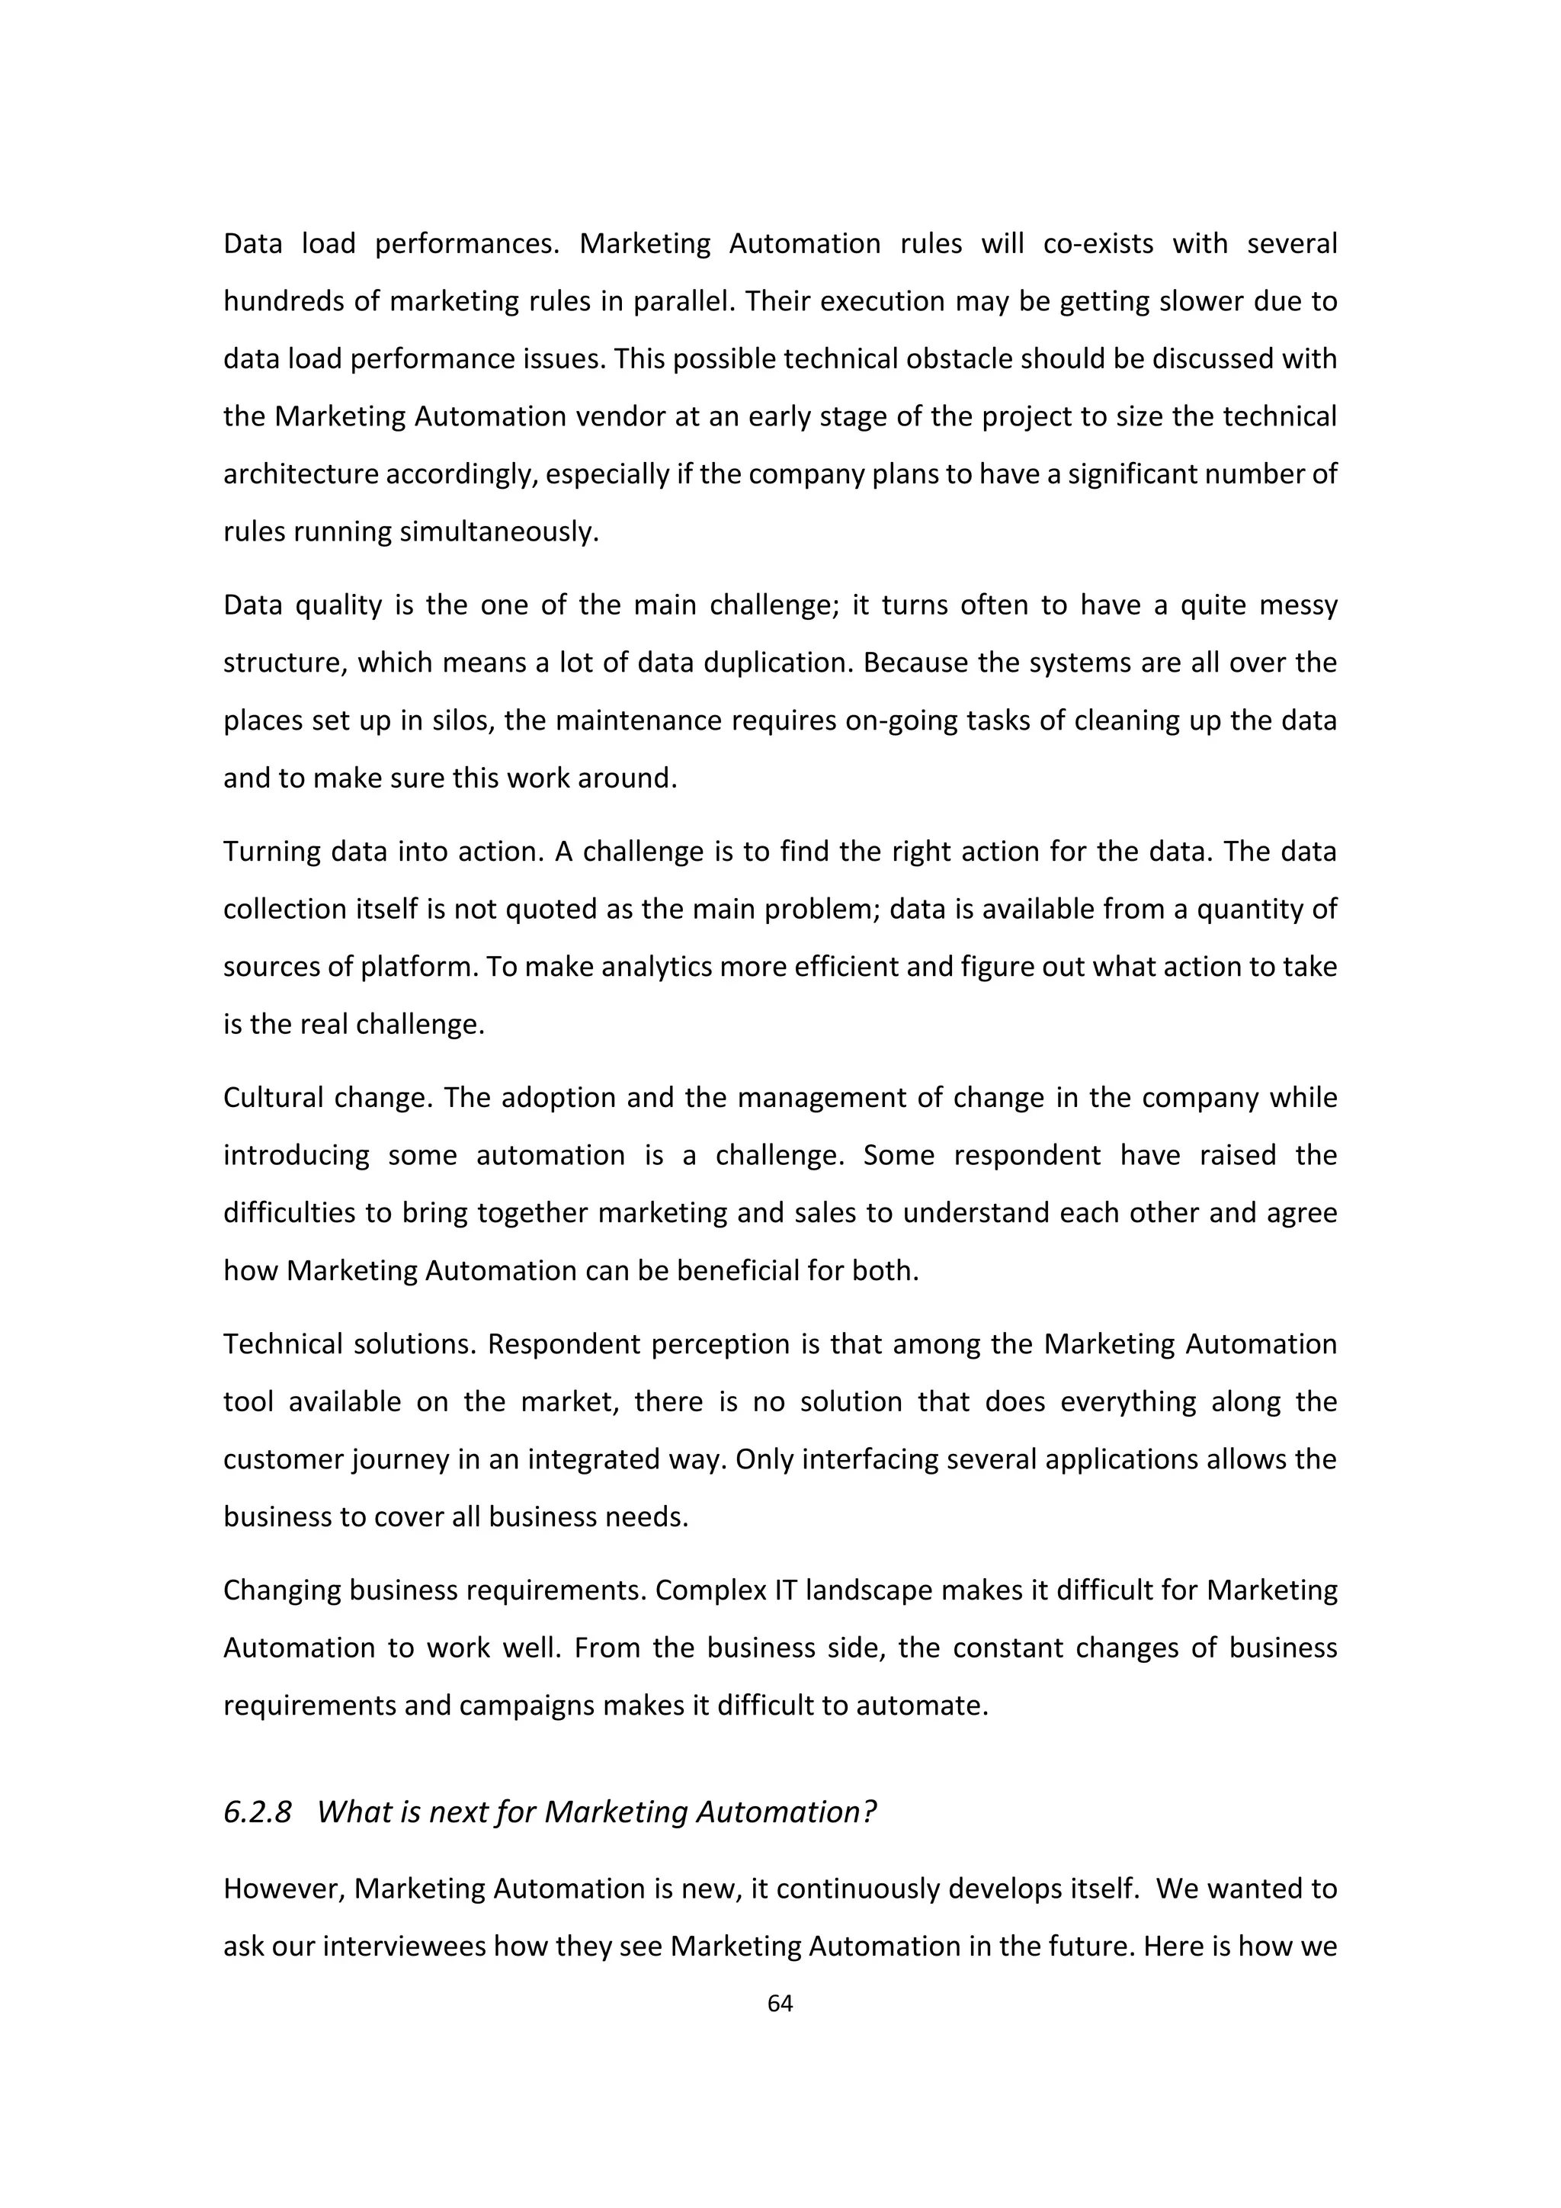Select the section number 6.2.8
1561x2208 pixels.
coord(257,1812)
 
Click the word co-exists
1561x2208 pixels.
coord(1098,243)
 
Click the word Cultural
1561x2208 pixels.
coord(269,1097)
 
